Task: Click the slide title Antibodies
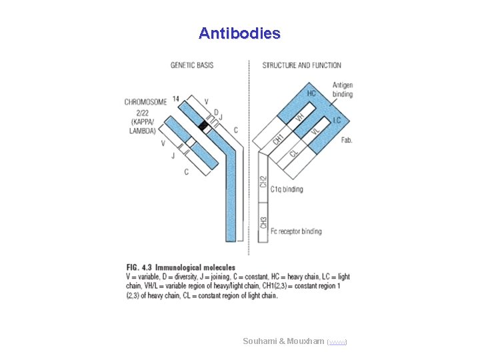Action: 239,33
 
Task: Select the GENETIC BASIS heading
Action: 192,65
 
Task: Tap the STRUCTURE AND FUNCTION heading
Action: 301,65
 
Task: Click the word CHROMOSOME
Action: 145,102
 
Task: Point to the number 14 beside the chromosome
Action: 175,99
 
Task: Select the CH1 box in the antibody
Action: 278,138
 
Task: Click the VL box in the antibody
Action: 315,132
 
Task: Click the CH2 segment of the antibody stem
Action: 263,181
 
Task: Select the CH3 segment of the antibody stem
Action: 263,222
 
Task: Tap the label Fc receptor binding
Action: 296,231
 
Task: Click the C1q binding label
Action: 287,189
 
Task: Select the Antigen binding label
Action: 343,89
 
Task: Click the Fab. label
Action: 347,140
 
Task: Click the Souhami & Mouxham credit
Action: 285,341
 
